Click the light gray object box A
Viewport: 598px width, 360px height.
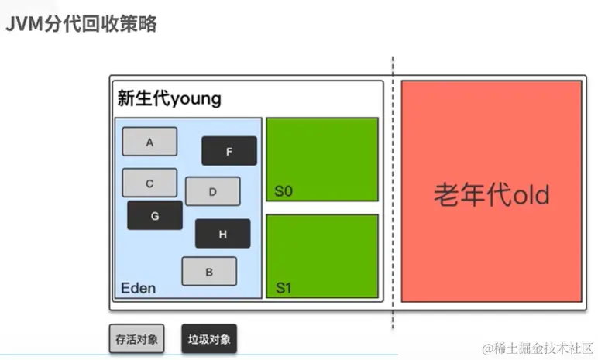coord(149,142)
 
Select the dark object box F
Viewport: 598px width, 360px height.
coord(229,151)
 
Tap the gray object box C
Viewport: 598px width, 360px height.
coord(149,183)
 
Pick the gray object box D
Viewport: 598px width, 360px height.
coord(212,191)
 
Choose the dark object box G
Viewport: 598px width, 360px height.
coord(155,215)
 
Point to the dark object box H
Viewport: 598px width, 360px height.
coord(222,234)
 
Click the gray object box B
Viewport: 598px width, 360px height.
coord(209,271)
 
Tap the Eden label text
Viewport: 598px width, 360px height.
coord(138,289)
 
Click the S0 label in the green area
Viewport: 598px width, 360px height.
coord(284,191)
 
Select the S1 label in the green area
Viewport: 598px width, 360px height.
coord(284,289)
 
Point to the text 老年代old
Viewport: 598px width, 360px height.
coord(491,194)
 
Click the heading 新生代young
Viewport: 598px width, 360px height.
coord(169,98)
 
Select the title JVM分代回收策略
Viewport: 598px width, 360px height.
coord(81,24)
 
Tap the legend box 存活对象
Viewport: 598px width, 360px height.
coord(136,338)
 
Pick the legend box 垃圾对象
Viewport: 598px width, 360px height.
coord(208,338)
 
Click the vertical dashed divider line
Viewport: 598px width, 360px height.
coord(393,194)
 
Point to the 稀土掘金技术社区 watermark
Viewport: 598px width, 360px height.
coord(538,348)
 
